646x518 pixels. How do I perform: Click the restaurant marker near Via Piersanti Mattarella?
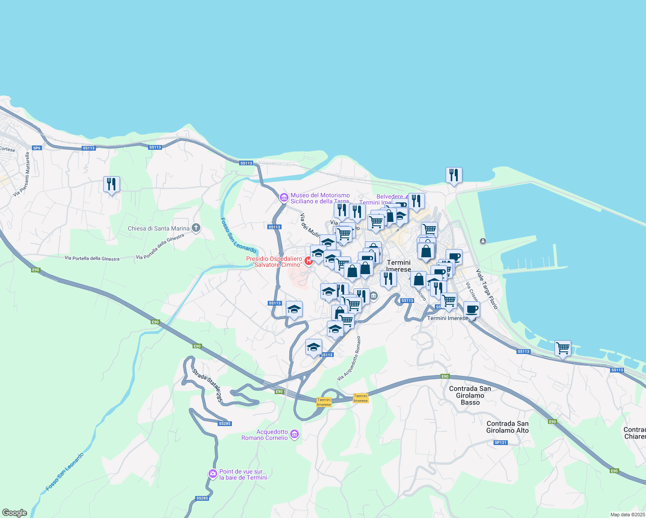coord(111,184)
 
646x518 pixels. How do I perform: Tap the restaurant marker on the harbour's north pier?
coord(454,175)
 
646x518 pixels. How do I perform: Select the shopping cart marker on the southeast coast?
coord(563,348)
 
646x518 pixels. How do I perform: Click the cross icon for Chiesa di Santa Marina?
coord(196,227)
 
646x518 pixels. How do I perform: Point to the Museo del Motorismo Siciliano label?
coord(320,198)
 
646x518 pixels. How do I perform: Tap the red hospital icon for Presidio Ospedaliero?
coord(308,261)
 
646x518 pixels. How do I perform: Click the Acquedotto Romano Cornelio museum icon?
coord(294,434)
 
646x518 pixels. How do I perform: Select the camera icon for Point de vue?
coord(212,474)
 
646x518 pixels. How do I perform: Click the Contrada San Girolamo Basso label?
coord(470,395)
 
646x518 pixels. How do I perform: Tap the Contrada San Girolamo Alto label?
coord(507,427)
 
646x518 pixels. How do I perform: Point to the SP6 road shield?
coord(37,148)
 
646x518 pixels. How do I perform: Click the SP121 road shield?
coord(500,442)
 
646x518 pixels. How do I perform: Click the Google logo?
coord(15,512)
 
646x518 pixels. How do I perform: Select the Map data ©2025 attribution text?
coord(627,515)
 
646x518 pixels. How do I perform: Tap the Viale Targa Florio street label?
coord(487,289)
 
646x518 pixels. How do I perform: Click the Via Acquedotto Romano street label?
coord(349,358)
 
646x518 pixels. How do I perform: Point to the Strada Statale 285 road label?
coord(207,385)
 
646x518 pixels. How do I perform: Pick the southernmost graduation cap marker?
coord(313,347)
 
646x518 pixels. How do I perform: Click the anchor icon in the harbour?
coord(483,241)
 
